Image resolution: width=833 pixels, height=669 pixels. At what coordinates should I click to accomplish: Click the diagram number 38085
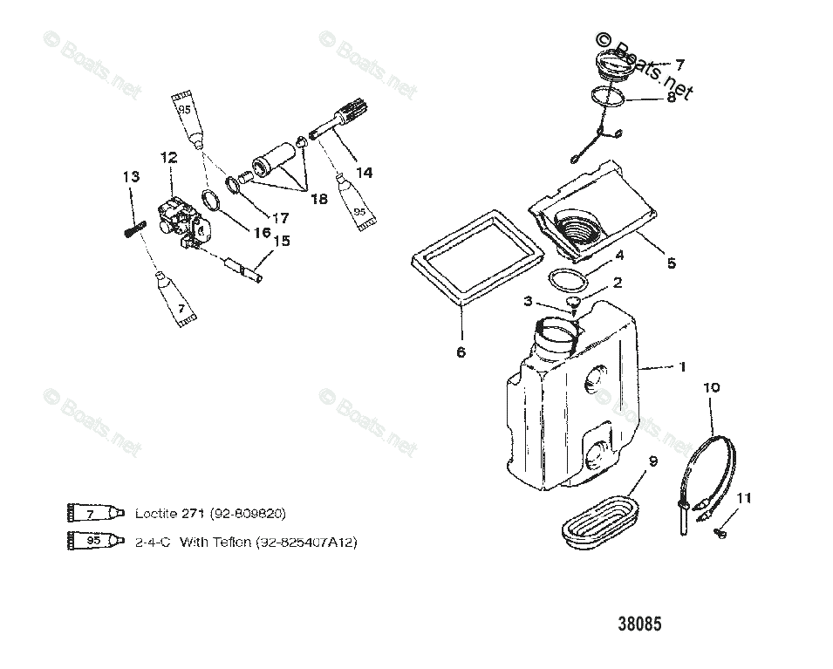pos(639,625)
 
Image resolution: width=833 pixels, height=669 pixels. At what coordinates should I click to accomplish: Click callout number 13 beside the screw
pos(131,177)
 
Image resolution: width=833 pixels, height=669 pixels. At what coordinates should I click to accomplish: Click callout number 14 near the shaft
pos(364,173)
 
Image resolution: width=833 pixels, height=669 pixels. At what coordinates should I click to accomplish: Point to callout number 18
pos(318,199)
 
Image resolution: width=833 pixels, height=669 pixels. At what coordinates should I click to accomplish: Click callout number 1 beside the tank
pos(683,367)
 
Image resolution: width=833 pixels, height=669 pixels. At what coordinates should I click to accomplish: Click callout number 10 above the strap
pos(711,386)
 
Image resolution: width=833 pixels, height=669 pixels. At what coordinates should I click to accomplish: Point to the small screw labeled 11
pos(720,531)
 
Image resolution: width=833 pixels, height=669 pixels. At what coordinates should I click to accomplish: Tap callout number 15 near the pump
pos(283,242)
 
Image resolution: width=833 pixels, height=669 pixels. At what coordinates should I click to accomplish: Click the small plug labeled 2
pos(574,302)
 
